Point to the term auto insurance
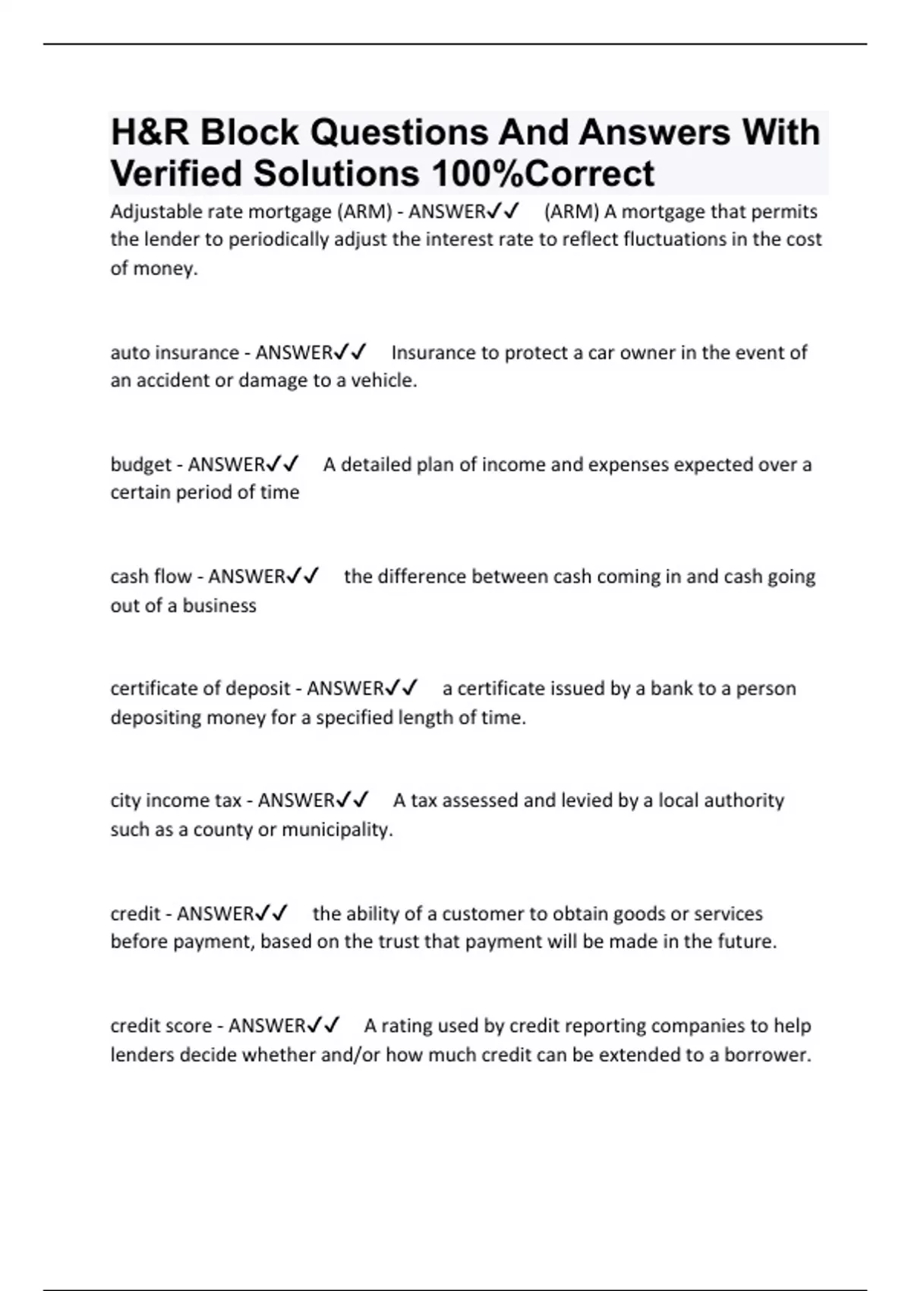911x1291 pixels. click(175, 352)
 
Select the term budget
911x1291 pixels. click(141, 464)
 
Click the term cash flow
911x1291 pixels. click(151, 576)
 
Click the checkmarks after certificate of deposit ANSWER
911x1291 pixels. click(402, 688)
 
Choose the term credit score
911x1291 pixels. click(161, 1025)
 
